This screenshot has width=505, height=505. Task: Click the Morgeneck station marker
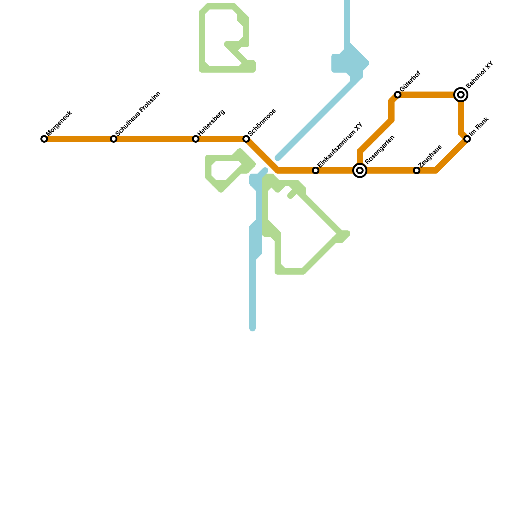pos(44,139)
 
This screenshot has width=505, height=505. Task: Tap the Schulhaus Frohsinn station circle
pos(114,139)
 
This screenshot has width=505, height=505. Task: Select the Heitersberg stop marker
pos(196,139)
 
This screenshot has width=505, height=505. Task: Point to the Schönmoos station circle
pos(246,139)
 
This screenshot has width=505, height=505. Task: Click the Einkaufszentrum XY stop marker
pos(316,170)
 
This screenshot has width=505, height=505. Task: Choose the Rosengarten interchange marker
pos(360,170)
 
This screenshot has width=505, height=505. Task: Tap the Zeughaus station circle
pos(417,170)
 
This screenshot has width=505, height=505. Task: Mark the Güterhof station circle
pos(398,95)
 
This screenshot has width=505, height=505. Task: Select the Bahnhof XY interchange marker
pos(461,94)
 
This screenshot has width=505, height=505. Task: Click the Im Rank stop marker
pos(467,139)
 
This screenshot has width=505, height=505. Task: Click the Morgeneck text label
pos(59,123)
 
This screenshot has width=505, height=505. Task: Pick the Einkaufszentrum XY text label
pos(340,145)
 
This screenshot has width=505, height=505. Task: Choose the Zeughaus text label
pos(430,156)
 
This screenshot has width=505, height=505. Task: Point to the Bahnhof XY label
pos(479,75)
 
